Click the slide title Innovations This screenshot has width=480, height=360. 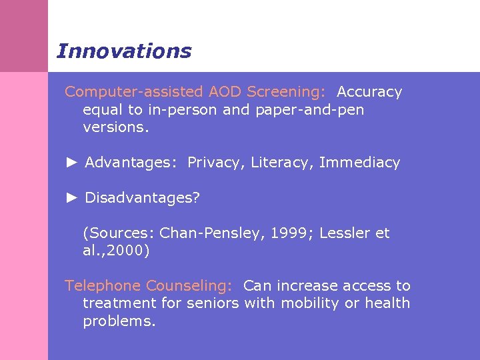click(x=124, y=51)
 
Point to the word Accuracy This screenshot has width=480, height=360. click(x=369, y=92)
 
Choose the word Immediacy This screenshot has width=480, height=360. click(x=359, y=163)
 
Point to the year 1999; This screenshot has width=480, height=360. click(x=293, y=233)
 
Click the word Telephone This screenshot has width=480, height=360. click(x=103, y=286)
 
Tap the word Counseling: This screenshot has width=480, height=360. click(x=189, y=286)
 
